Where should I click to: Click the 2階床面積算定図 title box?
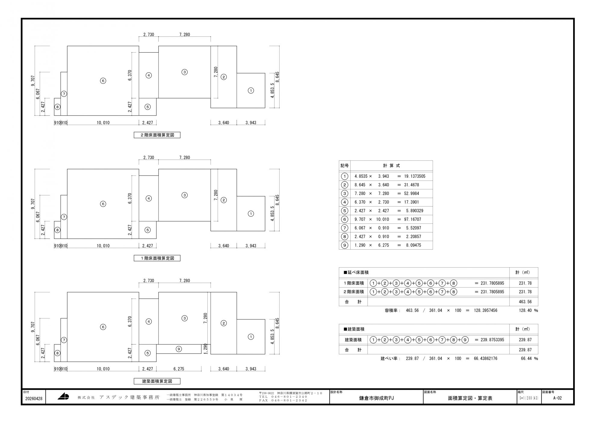pos(157,135)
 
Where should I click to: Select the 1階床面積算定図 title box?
pos(157,258)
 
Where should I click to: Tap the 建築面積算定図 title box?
pos(157,381)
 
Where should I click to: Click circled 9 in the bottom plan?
pos(179,349)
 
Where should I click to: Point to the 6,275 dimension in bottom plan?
pos(179,369)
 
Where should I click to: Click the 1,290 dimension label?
pos(206,349)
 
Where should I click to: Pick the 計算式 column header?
pos(392,166)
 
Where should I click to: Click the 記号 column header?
pos(345,166)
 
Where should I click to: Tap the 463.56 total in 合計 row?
pos(525,302)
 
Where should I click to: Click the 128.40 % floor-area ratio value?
pos(528,310)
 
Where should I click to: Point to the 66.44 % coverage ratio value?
pos(529,359)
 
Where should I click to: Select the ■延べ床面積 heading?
pos(356,272)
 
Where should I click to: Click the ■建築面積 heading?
pos(354,329)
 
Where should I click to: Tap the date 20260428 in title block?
pos(34,399)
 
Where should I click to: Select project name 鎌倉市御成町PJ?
pos(376,398)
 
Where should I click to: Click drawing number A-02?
pos(557,398)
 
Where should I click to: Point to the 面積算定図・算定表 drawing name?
pos(470,398)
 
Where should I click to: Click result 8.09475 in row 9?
pos(414,245)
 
